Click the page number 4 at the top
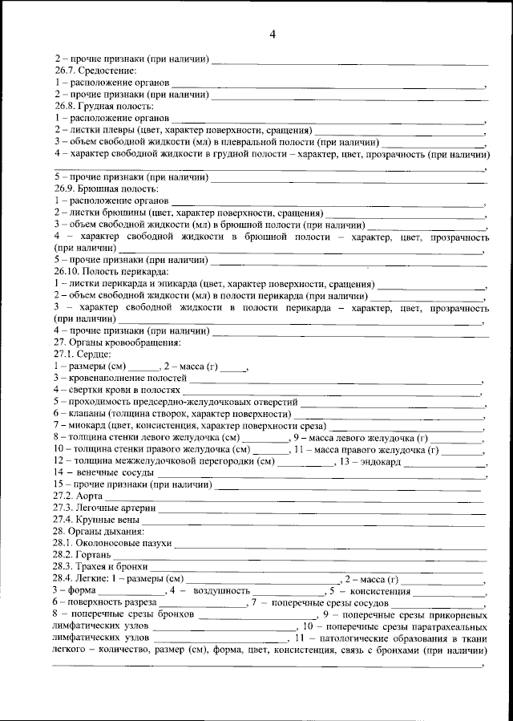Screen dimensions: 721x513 point(273,34)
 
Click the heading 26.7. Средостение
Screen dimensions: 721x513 point(87,71)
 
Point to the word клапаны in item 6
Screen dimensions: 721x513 point(83,413)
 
